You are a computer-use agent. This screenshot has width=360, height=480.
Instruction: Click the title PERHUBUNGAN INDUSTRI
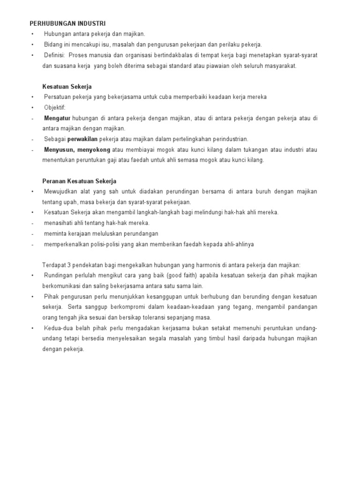click(x=68, y=23)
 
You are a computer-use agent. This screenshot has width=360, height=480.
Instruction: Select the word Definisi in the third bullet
click(x=54, y=55)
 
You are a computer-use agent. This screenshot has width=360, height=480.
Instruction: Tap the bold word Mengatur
click(x=58, y=118)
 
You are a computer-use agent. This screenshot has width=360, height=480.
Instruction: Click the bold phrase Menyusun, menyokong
click(x=77, y=150)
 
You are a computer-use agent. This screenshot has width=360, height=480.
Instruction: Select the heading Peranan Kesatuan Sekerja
click(x=79, y=181)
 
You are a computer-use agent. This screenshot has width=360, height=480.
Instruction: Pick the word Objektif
click(x=55, y=107)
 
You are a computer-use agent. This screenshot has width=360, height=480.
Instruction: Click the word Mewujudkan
click(x=61, y=191)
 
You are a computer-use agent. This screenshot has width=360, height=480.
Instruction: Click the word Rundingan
click(x=58, y=275)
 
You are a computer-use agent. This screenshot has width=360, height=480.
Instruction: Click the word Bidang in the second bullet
click(x=52, y=45)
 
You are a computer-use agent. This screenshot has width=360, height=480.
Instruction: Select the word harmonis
click(x=216, y=264)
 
